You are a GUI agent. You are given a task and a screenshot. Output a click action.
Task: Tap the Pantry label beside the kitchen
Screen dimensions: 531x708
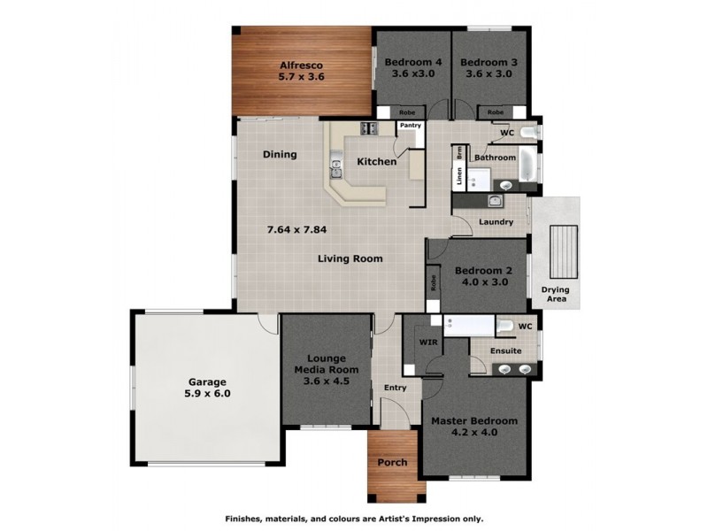(x=409, y=127)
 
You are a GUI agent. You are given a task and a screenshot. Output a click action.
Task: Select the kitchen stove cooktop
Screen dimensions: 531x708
(x=368, y=129)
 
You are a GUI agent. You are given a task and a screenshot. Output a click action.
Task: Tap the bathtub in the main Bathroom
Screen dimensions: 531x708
(x=527, y=163)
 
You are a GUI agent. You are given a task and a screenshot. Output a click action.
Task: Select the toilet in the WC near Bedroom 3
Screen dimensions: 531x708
(x=527, y=133)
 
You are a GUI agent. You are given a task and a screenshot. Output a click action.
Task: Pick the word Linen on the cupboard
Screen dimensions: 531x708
(x=459, y=177)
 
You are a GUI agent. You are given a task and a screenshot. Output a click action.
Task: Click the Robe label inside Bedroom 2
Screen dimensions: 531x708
(x=434, y=283)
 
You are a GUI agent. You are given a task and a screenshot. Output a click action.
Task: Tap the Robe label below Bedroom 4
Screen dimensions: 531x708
(x=407, y=112)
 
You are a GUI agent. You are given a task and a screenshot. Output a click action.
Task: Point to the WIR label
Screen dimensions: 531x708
(x=427, y=340)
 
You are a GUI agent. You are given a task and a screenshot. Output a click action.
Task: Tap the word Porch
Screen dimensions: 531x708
(x=392, y=461)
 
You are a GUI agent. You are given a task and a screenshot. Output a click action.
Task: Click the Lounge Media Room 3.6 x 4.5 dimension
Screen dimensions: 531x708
(x=326, y=381)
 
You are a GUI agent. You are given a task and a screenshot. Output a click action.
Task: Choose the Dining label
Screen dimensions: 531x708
(x=280, y=155)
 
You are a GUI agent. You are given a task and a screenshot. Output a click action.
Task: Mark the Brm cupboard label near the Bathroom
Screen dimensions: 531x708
(x=459, y=152)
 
